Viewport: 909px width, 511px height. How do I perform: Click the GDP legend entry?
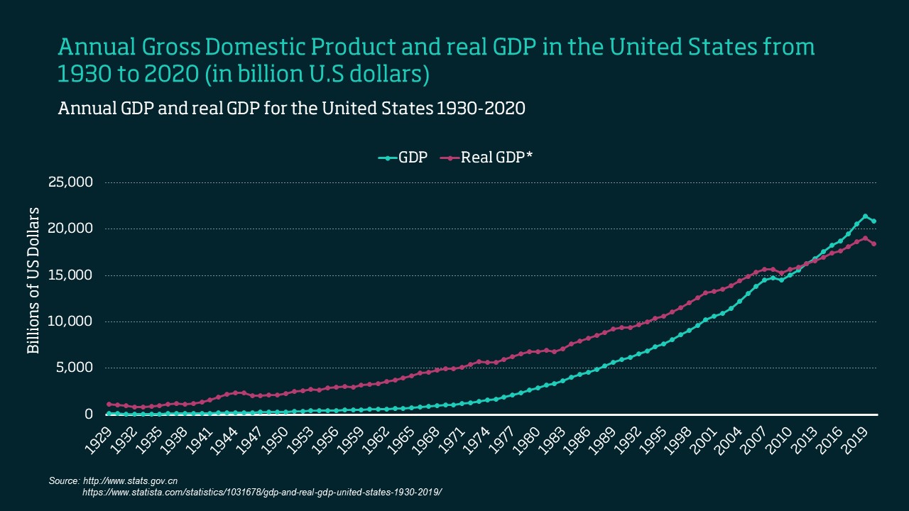[x=403, y=158]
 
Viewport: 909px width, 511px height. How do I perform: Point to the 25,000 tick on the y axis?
[x=70, y=182]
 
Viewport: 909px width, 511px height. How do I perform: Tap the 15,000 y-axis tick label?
[x=70, y=275]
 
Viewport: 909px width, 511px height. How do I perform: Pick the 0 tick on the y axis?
[x=89, y=414]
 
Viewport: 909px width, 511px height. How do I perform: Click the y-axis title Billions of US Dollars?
[x=33, y=281]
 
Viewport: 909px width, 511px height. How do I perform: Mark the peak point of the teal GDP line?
[x=865, y=216]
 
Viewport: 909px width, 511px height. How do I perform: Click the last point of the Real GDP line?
[x=873, y=243]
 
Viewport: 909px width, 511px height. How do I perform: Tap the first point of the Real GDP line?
[x=109, y=404]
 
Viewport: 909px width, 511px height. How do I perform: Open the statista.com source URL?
[x=262, y=492]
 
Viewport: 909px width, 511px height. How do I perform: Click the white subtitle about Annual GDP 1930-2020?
[x=291, y=109]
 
